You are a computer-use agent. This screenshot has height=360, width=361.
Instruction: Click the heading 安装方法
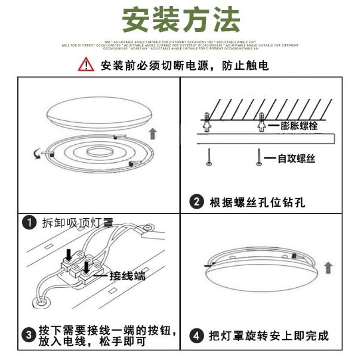[181, 20]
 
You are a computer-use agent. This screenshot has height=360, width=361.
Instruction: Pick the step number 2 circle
[196, 201]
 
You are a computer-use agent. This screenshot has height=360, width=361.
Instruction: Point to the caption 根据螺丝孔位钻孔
[257, 202]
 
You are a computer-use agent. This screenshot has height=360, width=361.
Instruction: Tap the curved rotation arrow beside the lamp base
[38, 154]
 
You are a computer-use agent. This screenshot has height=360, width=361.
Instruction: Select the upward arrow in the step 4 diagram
[328, 268]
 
